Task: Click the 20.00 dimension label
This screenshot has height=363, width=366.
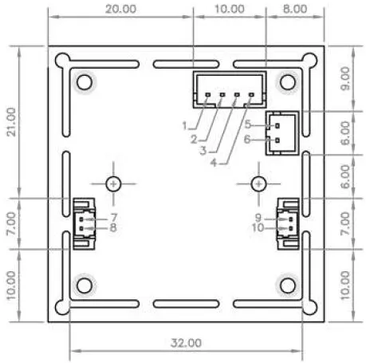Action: tap(121, 9)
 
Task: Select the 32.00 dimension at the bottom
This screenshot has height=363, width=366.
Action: tap(186, 343)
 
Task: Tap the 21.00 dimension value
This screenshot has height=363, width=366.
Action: tap(11, 122)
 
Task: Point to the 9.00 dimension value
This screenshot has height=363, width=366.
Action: tap(345, 78)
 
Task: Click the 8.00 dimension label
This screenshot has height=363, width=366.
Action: tap(295, 9)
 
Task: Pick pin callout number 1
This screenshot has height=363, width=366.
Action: tap(185, 125)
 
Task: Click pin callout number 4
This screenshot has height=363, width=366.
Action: tap(214, 163)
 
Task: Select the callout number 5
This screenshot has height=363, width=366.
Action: tap(248, 124)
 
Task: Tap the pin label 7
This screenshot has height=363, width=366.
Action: tap(114, 218)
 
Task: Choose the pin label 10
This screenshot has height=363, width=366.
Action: tap(258, 227)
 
